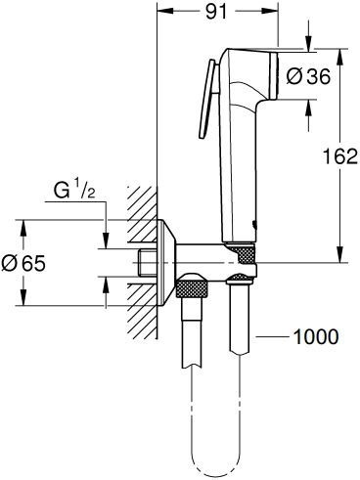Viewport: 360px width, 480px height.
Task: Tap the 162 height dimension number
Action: (x=338, y=157)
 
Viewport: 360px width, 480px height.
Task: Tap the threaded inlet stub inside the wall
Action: (x=147, y=263)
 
